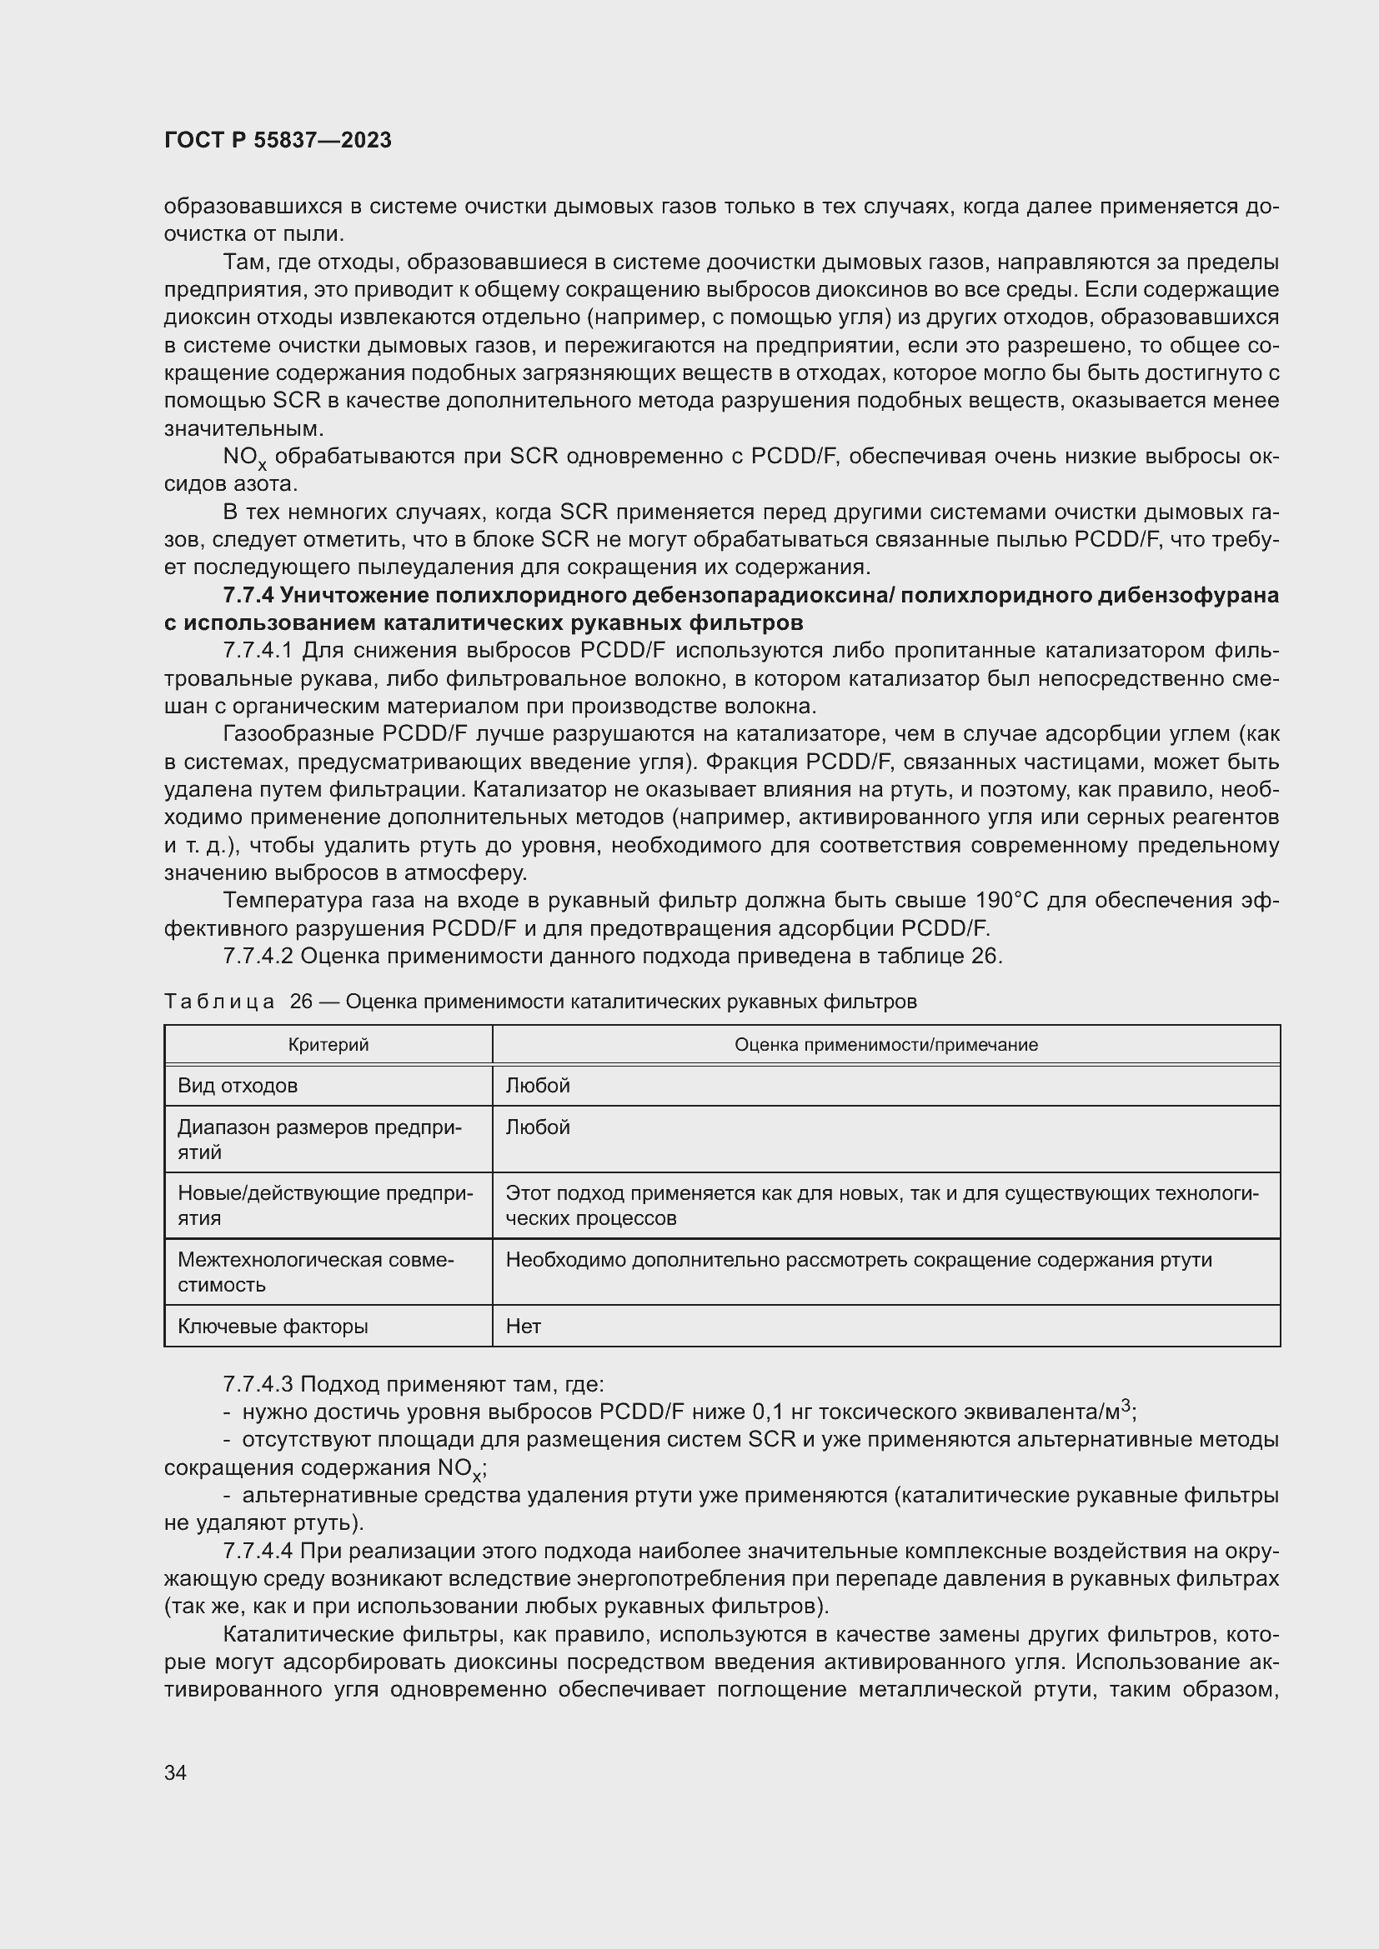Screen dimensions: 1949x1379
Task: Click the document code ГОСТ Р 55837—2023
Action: click(278, 140)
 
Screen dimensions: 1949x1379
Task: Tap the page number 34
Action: click(175, 1772)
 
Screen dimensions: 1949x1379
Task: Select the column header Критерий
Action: click(328, 1044)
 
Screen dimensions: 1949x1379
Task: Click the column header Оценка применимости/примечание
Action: click(885, 1044)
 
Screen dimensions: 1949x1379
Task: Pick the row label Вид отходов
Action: click(237, 1085)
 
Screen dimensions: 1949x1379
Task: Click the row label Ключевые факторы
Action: click(273, 1325)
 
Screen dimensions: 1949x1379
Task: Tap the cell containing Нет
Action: click(523, 1325)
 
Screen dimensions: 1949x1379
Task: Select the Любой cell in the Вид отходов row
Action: click(538, 1085)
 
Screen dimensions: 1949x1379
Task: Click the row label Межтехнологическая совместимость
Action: click(315, 1271)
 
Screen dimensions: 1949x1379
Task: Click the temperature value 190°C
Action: click(1006, 900)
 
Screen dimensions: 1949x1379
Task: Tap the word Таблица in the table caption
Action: click(219, 1002)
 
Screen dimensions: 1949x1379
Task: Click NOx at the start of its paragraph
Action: click(243, 457)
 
